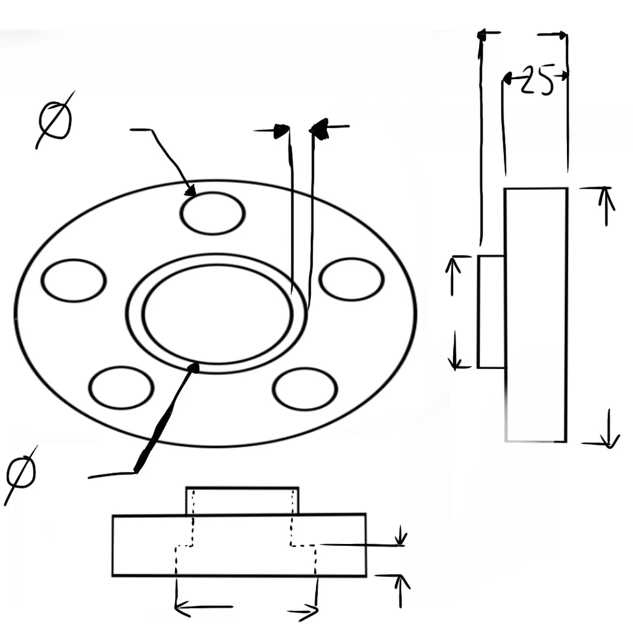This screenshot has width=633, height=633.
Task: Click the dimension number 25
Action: pyautogui.click(x=537, y=80)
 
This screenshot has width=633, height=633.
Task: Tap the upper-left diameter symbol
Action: pyautogui.click(x=55, y=120)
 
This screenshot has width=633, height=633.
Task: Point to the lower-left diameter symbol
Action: pyautogui.click(x=21, y=475)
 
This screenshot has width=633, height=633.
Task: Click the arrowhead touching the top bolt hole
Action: pyautogui.click(x=190, y=190)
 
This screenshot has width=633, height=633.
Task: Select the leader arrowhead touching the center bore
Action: pyautogui.click(x=195, y=368)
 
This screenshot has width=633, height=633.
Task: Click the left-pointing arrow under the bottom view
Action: pyautogui.click(x=203, y=607)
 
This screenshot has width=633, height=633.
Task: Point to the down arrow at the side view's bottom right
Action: pyautogui.click(x=609, y=428)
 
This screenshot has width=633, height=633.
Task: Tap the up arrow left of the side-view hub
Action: pyautogui.click(x=453, y=276)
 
